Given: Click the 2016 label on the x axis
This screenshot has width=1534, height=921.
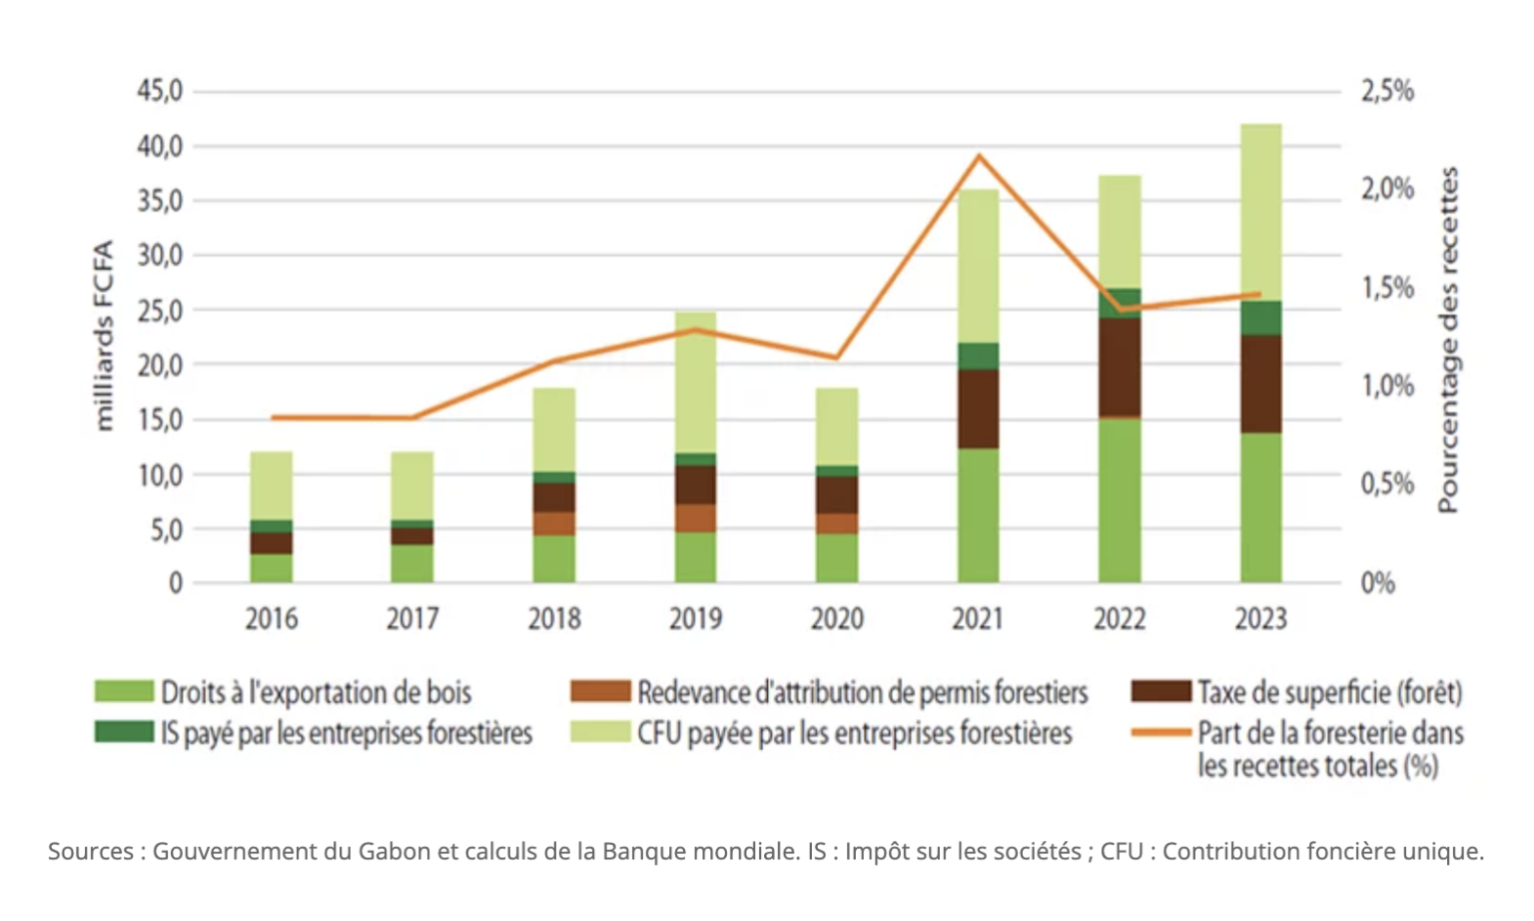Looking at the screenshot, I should point(272,619).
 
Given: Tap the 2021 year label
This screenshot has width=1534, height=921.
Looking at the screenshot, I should point(978,619).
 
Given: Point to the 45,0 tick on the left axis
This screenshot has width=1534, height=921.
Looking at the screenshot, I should point(160,92).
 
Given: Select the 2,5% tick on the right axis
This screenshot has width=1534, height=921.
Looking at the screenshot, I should point(1387,92).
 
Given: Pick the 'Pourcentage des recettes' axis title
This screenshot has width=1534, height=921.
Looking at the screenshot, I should point(1448,340).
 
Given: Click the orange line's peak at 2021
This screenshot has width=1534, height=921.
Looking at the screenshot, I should point(979,156).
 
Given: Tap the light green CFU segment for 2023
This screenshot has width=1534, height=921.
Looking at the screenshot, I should point(1260,212).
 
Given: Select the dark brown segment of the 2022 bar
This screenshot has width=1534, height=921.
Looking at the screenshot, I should point(1120,366).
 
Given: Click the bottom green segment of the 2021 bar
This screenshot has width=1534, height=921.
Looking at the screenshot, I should point(978,515).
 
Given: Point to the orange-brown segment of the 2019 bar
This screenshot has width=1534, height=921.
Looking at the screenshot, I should point(695,517).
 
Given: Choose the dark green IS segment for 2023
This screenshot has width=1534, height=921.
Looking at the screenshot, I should point(1260,318).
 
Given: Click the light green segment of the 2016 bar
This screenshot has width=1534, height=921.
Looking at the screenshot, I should point(272,485).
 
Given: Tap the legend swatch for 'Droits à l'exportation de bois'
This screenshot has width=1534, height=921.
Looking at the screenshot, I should point(124,691).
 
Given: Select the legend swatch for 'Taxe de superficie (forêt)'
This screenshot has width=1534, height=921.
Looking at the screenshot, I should point(1160,691).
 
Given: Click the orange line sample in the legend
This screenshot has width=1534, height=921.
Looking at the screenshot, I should point(1160,732).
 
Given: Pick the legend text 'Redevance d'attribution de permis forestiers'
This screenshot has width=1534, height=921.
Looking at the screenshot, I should point(863,692).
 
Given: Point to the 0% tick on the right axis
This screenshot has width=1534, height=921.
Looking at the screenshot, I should point(1377,583).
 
